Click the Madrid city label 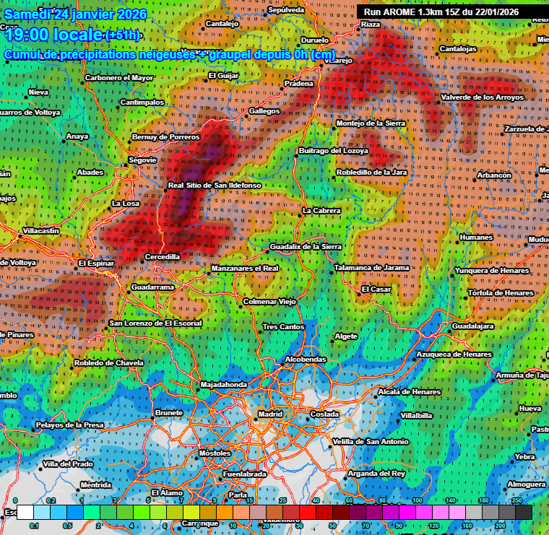270,414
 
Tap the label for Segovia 142,160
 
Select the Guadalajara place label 472,326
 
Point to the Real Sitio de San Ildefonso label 214,186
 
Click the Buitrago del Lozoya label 333,151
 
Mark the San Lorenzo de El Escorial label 155,323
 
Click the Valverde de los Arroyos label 482,97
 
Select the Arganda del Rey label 376,474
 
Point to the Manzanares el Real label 244,269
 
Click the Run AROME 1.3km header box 451,12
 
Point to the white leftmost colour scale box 24,512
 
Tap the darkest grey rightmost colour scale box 524,512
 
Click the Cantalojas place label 458,49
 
